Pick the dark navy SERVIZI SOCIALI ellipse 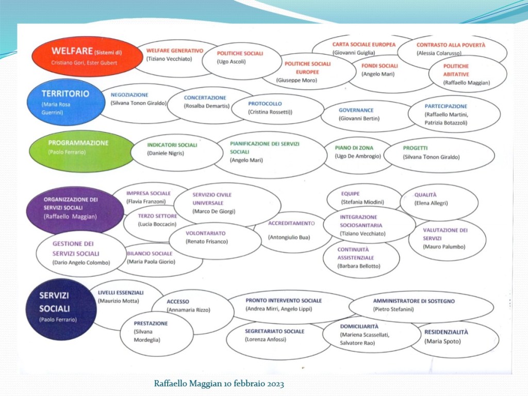[61, 309]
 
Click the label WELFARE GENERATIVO [175, 51]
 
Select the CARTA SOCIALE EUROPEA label [364, 45]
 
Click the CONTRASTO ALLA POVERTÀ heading [451, 45]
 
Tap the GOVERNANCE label [356, 110]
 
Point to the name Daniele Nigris [166, 153]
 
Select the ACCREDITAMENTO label [291, 223]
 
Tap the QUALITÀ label [425, 195]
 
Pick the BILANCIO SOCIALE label [150, 254]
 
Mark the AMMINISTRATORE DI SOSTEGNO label [414, 301]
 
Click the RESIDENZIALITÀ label [446, 333]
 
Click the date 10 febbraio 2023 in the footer [254, 384]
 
